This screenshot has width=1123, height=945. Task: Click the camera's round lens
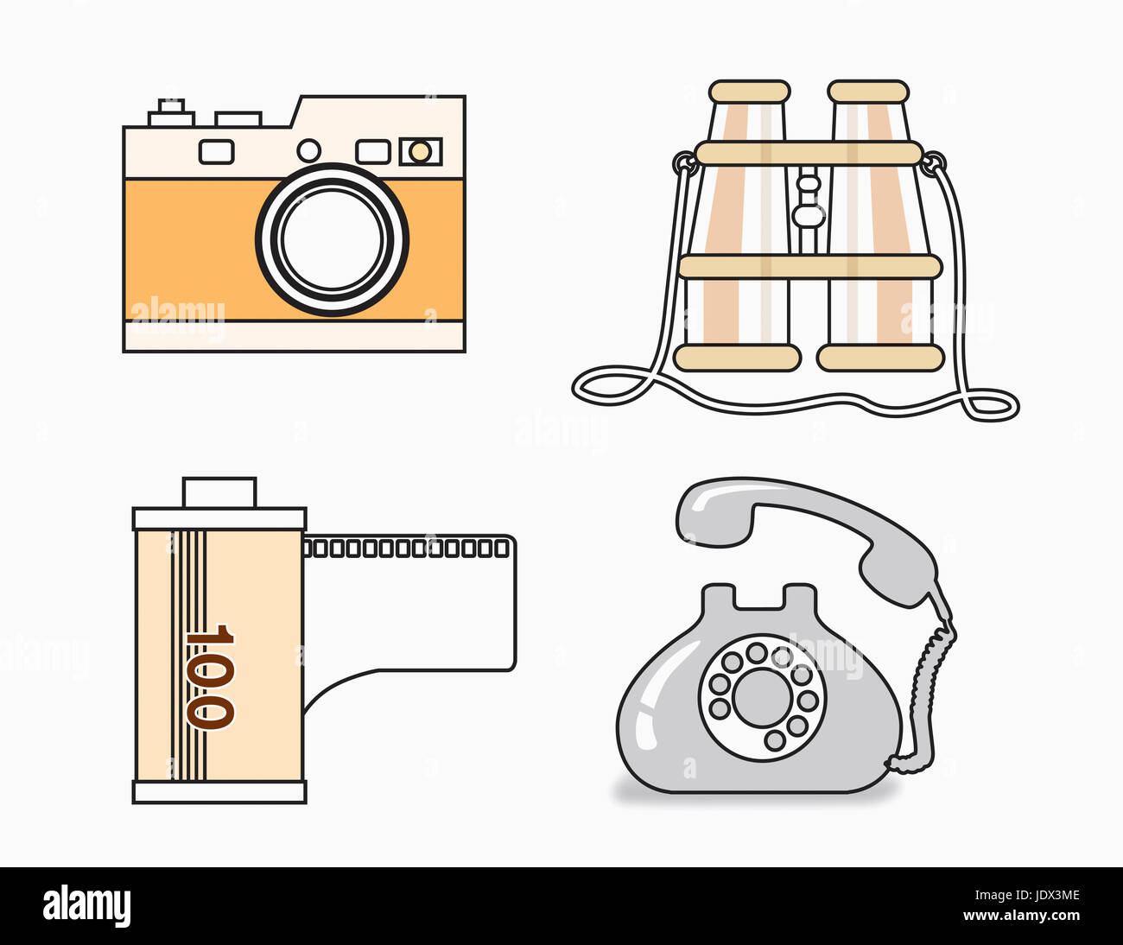coord(332,238)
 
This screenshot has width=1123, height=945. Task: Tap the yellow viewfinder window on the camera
coord(420,152)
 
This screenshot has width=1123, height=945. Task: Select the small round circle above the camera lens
coord(308,150)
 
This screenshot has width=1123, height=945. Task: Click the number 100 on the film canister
coord(208,676)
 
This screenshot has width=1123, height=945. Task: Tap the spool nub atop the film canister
coord(219,492)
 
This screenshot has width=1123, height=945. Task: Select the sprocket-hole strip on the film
coord(407,548)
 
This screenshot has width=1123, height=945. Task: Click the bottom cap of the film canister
coord(219,792)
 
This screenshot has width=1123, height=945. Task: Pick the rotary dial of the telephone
coord(762,697)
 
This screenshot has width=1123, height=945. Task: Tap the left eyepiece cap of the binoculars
coord(749,92)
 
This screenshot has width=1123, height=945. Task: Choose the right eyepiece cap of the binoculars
coord(868,92)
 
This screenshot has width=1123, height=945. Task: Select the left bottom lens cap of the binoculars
coord(737,358)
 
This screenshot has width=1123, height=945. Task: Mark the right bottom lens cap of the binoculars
coord(880,358)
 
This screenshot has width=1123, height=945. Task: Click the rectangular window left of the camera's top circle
coord(216,152)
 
